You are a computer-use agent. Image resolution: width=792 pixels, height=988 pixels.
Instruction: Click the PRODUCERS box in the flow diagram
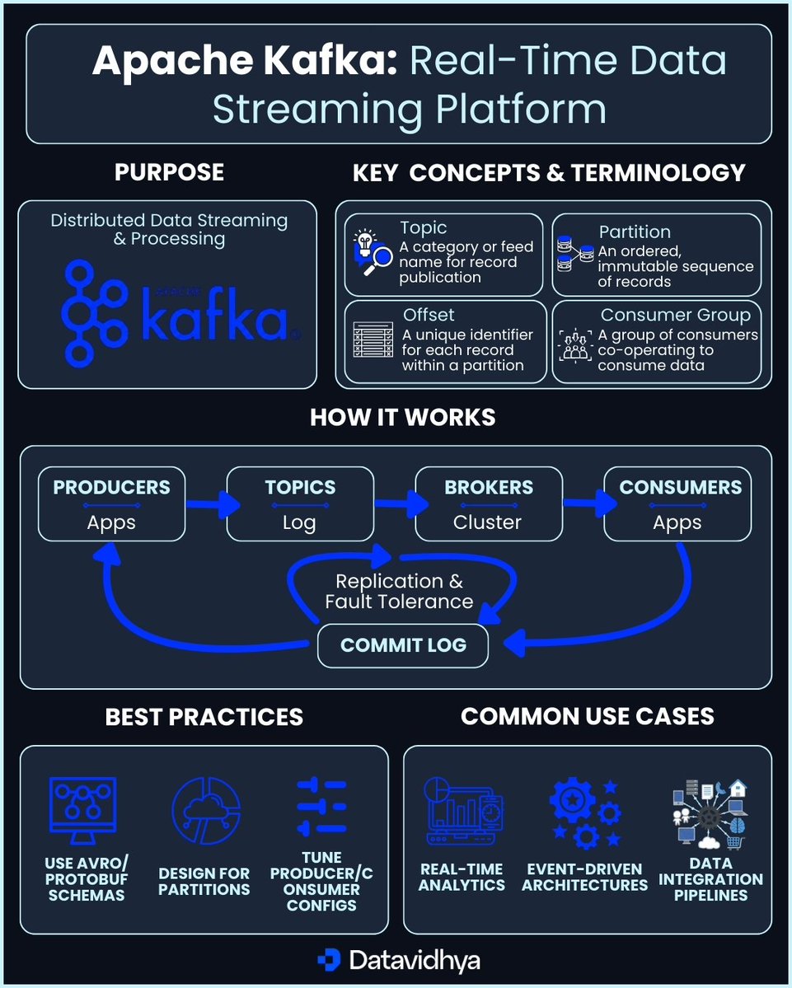click(111, 503)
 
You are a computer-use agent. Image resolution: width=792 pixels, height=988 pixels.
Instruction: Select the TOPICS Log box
click(299, 503)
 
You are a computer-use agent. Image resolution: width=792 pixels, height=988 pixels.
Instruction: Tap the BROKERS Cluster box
click(488, 503)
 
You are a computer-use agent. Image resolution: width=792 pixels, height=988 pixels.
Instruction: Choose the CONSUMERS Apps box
click(677, 503)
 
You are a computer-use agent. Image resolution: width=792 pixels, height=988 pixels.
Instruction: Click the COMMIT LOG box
click(403, 645)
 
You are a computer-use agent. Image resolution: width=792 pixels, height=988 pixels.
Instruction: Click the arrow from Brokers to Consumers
click(583, 503)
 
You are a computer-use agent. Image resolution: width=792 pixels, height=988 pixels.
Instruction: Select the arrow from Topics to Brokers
click(395, 503)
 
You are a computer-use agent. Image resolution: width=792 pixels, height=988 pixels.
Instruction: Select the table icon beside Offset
click(373, 339)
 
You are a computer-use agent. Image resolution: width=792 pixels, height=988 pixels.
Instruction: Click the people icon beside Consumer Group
click(574, 345)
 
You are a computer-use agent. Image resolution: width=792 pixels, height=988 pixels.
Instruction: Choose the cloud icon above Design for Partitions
click(205, 812)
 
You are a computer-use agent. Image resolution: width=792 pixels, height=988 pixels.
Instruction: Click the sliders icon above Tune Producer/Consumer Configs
click(321, 808)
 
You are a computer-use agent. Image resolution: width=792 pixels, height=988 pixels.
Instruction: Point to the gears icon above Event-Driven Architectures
click(584, 812)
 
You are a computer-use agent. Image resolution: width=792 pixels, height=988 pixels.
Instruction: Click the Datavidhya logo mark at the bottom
click(329, 960)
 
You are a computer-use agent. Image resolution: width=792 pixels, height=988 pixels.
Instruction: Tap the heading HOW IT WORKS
click(402, 417)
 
